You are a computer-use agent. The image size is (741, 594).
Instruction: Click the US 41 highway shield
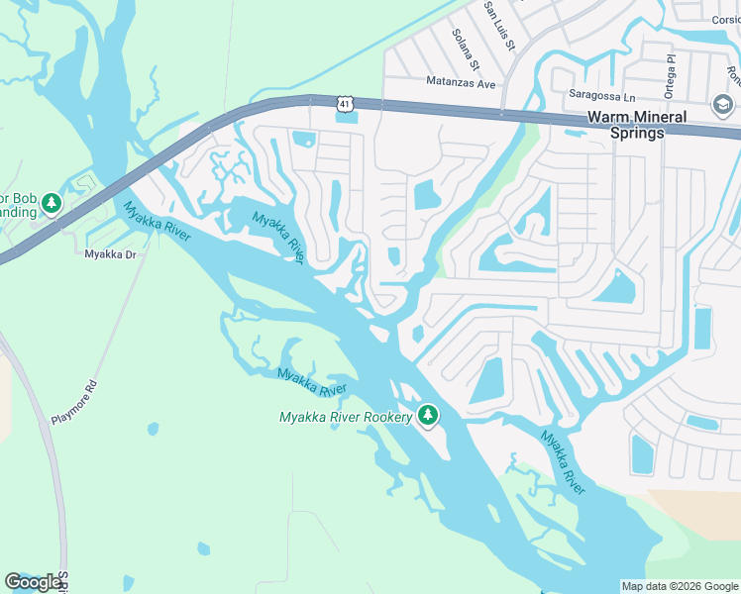[344, 103]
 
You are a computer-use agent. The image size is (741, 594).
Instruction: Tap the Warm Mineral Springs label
[636, 125]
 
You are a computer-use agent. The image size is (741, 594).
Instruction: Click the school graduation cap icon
[722, 104]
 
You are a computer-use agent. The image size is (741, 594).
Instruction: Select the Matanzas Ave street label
[460, 83]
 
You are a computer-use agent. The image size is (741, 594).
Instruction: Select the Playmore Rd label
[75, 402]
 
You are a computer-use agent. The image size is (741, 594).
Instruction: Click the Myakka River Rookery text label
[346, 417]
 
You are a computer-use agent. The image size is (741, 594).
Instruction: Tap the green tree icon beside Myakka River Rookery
[428, 416]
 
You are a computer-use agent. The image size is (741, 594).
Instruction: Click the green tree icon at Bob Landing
[52, 204]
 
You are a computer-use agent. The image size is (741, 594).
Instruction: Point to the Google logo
[32, 582]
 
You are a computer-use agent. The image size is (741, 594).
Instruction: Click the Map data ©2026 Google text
[679, 586]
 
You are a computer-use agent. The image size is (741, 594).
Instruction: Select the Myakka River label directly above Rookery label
[312, 382]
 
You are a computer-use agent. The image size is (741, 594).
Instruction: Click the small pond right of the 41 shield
[348, 119]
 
